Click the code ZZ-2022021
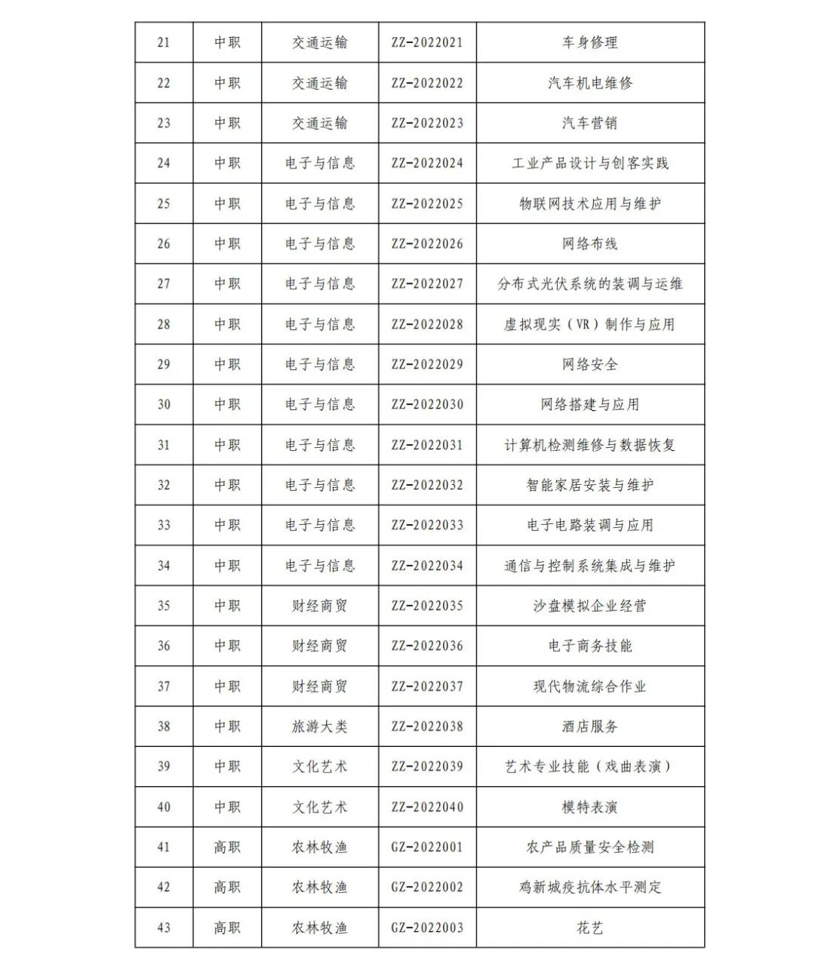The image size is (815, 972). (427, 42)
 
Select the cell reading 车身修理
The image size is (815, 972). (589, 42)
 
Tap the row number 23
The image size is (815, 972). (164, 123)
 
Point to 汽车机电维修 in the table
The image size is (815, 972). (589, 83)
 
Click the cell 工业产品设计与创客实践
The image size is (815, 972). (589, 163)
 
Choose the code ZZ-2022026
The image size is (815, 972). (427, 244)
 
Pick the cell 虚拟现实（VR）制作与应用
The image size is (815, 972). (589, 325)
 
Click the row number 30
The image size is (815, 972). (164, 405)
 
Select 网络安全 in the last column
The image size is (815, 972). (589, 365)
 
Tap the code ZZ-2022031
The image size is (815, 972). (427, 445)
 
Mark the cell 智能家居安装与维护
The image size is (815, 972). (589, 485)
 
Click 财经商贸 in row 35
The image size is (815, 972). (320, 606)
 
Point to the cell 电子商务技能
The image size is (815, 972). (589, 646)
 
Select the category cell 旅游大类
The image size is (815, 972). (320, 727)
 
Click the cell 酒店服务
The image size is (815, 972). (589, 727)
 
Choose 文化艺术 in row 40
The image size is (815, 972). (320, 807)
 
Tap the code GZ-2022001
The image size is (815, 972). (427, 847)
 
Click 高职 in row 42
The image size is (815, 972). (227, 887)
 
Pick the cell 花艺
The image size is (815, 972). (589, 927)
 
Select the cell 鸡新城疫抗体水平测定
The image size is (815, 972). (589, 887)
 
